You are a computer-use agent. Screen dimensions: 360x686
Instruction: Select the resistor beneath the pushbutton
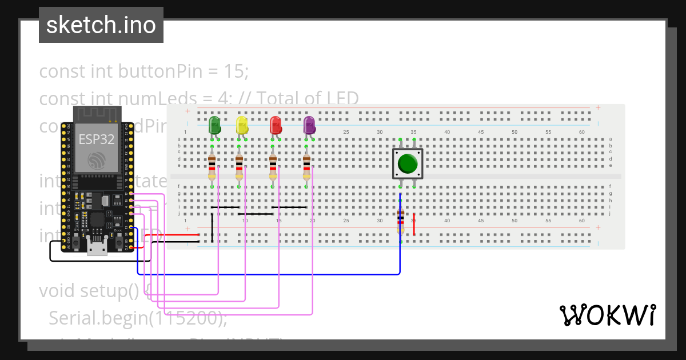400,222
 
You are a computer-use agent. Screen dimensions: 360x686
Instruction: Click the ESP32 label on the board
96,139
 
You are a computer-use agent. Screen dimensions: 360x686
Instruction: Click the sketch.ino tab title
101,25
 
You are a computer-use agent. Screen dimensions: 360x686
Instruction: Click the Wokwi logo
607,315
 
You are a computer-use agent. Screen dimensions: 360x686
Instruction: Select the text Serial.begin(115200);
138,318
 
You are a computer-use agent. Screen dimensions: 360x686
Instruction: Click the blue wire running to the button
269,274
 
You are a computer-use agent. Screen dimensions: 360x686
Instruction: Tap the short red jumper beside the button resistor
414,228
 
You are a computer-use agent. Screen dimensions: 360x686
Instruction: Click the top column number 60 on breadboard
581,132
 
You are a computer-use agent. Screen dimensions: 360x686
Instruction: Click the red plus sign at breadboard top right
598,107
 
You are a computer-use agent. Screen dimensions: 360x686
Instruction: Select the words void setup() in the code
89,291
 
